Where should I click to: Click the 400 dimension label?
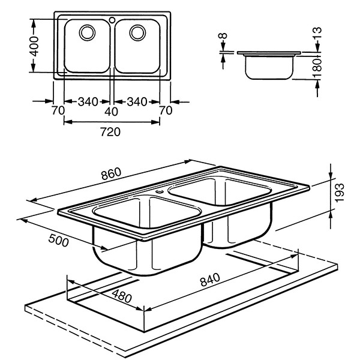point(35,46)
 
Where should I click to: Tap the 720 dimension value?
point(112,131)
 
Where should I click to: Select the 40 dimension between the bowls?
point(112,111)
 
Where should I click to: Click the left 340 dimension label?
point(88,102)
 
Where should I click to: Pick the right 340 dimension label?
point(136,102)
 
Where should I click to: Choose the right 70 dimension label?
point(166,111)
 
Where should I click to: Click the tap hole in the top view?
point(112,20)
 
